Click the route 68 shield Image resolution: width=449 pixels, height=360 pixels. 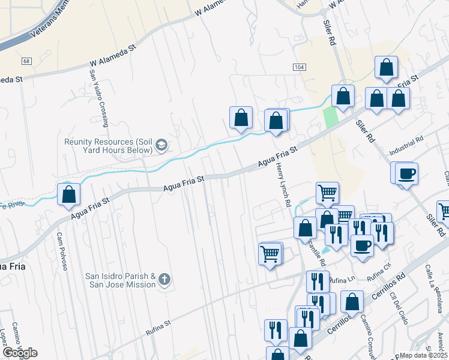pyautogui.click(x=26, y=61)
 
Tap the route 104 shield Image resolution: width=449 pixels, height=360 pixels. pyautogui.click(x=299, y=67)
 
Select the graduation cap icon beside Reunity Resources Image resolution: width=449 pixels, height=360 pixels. pyautogui.click(x=161, y=145)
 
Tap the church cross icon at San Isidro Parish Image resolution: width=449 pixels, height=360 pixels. pyautogui.click(x=164, y=280)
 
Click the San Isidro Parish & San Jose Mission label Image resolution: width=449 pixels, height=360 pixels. pyautogui.click(x=120, y=280)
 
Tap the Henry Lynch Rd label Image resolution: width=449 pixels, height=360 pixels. pyautogui.click(x=283, y=186)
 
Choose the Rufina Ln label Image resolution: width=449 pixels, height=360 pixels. pyautogui.click(x=343, y=280)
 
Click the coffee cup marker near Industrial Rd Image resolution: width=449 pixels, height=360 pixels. pyautogui.click(x=406, y=173)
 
